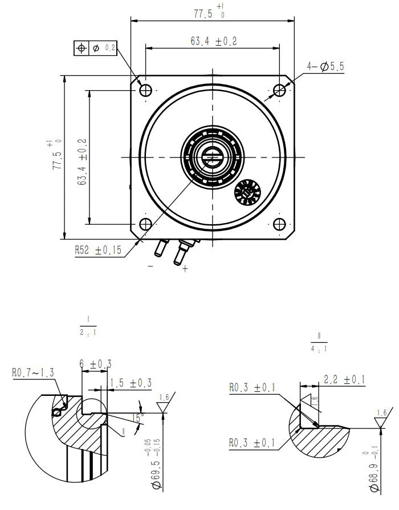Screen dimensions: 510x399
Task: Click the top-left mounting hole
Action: [x=145, y=90]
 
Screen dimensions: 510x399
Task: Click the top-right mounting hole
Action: [x=279, y=90]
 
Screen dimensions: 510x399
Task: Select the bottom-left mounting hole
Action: [x=145, y=224]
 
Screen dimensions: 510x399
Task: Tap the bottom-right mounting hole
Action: [x=279, y=224]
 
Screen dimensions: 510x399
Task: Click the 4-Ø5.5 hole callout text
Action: [x=325, y=67]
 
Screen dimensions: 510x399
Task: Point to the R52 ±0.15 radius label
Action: [x=99, y=250]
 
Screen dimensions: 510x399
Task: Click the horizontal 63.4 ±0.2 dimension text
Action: [x=213, y=41]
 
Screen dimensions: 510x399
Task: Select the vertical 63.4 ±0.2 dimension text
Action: [x=82, y=162]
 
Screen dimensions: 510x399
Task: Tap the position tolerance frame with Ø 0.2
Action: [x=95, y=48]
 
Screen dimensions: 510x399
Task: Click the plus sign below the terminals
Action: [x=185, y=269]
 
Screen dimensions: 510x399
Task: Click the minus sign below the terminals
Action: [x=150, y=266]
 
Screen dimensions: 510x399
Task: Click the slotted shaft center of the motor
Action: [x=211, y=157]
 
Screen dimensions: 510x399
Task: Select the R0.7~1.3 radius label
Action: [x=34, y=373]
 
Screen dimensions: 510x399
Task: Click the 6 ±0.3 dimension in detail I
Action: [x=96, y=364]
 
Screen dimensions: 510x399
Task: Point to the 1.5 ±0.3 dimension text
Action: [x=131, y=383]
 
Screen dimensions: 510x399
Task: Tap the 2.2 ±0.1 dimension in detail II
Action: [x=344, y=379]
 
